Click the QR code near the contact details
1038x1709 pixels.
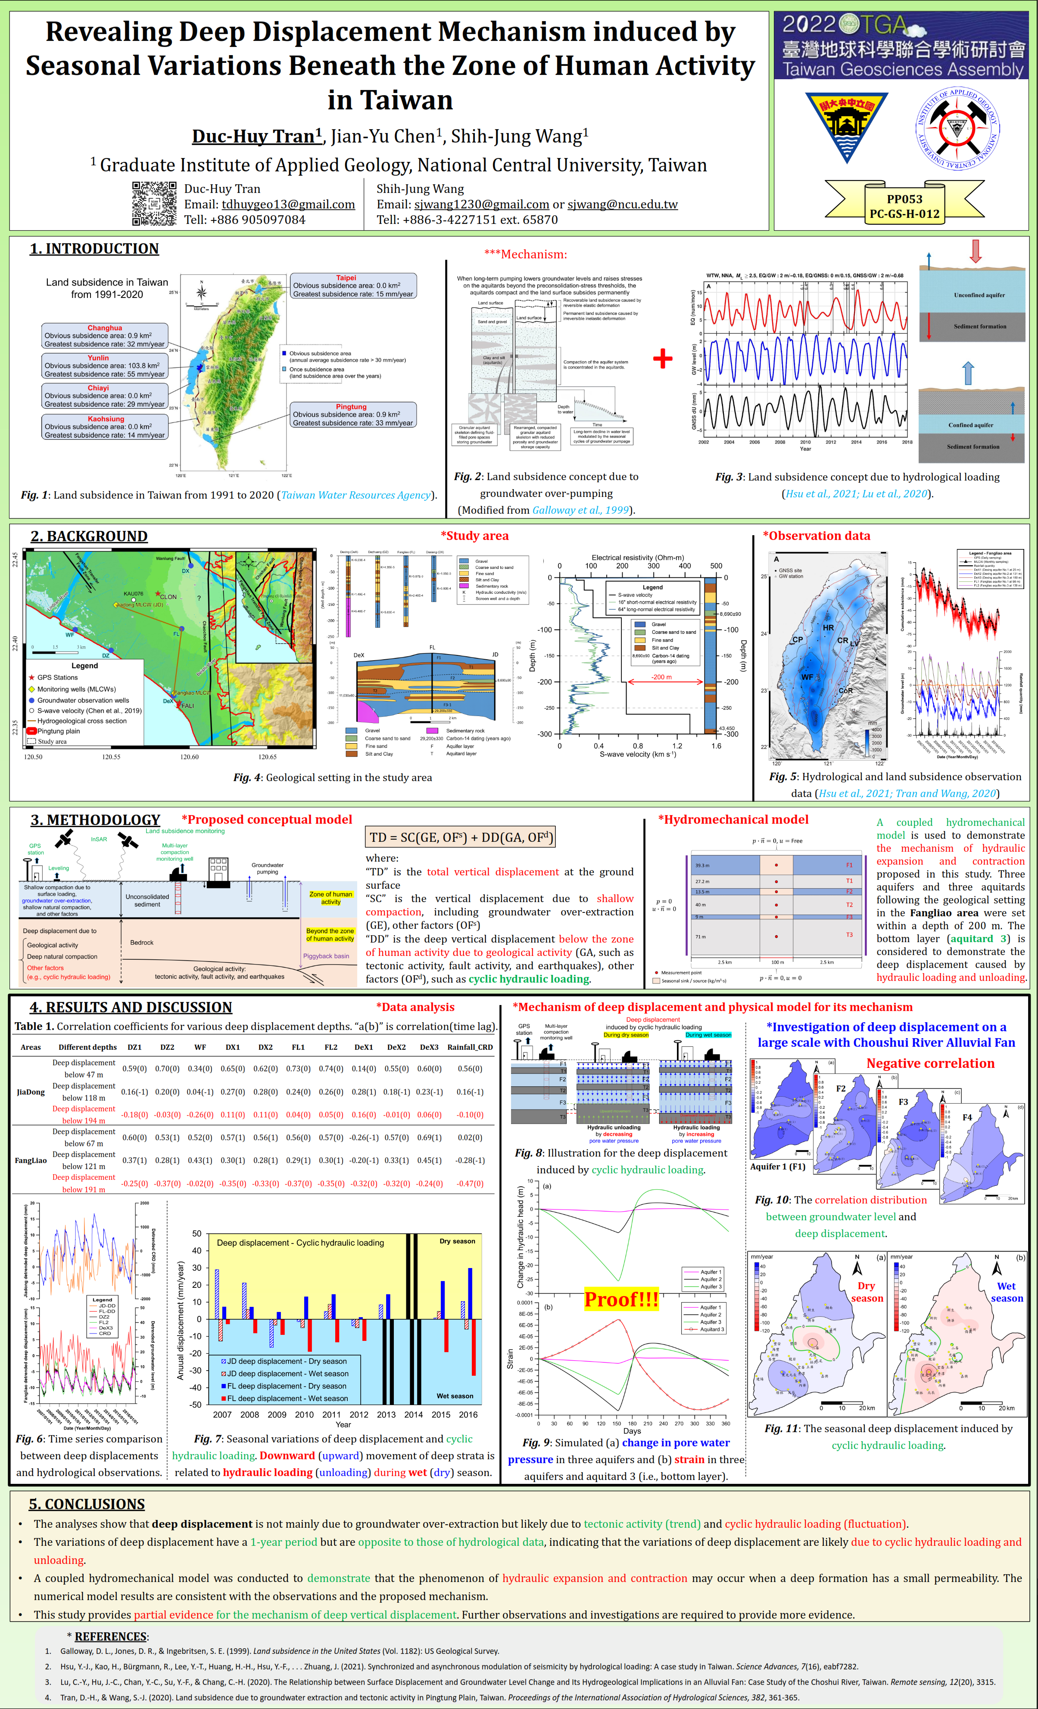pos(154,203)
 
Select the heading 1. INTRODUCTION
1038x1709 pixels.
pos(94,249)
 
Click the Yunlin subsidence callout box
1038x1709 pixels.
pos(105,366)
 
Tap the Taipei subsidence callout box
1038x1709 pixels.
pos(353,286)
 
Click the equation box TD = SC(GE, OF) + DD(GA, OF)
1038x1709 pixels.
pos(461,837)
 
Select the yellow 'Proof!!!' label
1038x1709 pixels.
pos(621,1299)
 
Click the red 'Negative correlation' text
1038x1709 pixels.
pos(930,1063)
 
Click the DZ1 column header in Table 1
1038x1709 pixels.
pos(134,1047)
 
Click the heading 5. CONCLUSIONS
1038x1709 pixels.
pos(87,1504)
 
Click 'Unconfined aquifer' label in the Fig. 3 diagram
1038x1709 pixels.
pos(979,295)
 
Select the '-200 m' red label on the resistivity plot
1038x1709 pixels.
pos(661,677)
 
